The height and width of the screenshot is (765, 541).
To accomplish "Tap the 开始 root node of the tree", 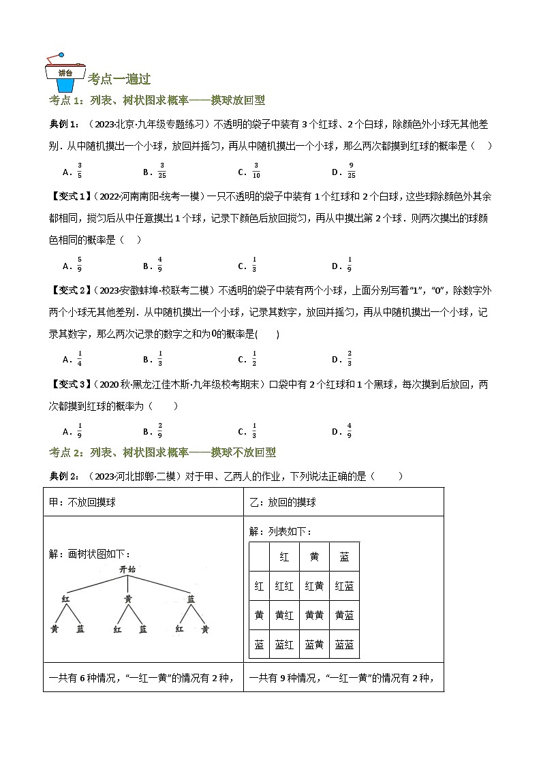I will pyautogui.click(x=127, y=569).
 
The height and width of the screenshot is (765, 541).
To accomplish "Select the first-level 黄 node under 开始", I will pyautogui.click(x=128, y=598).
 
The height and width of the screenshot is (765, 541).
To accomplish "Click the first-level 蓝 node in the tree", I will pyautogui.click(x=191, y=598).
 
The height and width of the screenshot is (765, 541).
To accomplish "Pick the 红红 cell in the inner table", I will pyautogui.click(x=284, y=586).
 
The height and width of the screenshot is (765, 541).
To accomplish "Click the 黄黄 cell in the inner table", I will pyautogui.click(x=314, y=615).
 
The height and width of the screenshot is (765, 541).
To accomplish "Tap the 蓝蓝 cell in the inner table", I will pyautogui.click(x=344, y=644).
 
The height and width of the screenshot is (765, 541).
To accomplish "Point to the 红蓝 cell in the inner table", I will pyautogui.click(x=344, y=586).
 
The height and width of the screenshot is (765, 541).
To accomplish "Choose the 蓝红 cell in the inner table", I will pyautogui.click(x=284, y=644).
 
